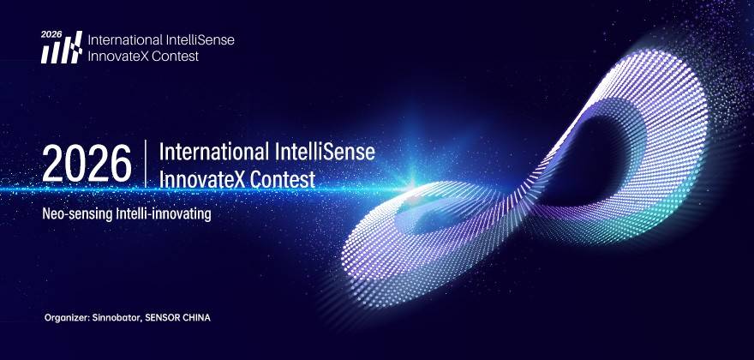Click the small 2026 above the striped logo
pyautogui.click(x=51, y=34)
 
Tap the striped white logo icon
pyautogui.click(x=62, y=48)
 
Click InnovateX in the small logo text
pyautogui.click(x=116, y=56)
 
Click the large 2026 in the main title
pyautogui.click(x=87, y=164)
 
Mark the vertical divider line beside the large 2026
pyautogui.click(x=145, y=163)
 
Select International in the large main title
pyautogui.click(x=214, y=153)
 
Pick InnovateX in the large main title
pyautogui.click(x=202, y=179)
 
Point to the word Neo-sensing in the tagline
pyautogui.click(x=77, y=214)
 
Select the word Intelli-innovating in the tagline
pyautogui.click(x=164, y=214)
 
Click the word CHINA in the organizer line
pyautogui.click(x=196, y=318)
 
